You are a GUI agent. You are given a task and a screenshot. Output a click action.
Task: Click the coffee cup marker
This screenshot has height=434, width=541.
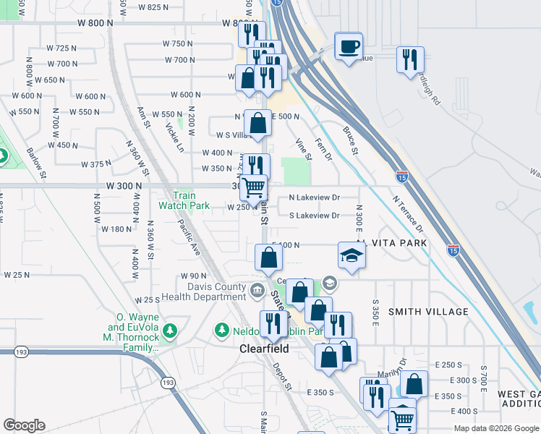click(x=349, y=47)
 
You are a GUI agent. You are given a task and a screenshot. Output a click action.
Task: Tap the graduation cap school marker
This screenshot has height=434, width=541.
click(x=352, y=256)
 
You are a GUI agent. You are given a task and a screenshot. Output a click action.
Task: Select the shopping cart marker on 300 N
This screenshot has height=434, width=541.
click(x=254, y=187)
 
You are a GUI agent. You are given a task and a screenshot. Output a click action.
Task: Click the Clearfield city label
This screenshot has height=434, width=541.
click(x=264, y=349)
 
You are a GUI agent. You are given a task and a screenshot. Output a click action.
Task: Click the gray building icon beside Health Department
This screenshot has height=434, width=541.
click(x=257, y=292)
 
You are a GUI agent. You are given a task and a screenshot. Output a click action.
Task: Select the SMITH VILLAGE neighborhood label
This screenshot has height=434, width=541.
click(x=428, y=311)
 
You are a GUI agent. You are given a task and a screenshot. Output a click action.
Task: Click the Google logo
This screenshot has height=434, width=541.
click(x=24, y=425)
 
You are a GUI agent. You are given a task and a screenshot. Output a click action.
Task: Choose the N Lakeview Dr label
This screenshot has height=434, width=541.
click(x=314, y=197)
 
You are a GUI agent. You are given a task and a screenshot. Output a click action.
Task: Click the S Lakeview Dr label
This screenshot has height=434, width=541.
click(x=314, y=216)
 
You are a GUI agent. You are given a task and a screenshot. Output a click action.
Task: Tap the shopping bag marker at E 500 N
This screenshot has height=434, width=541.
click(x=257, y=124)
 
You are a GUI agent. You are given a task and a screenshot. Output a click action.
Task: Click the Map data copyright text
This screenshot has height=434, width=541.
click(x=495, y=428)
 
